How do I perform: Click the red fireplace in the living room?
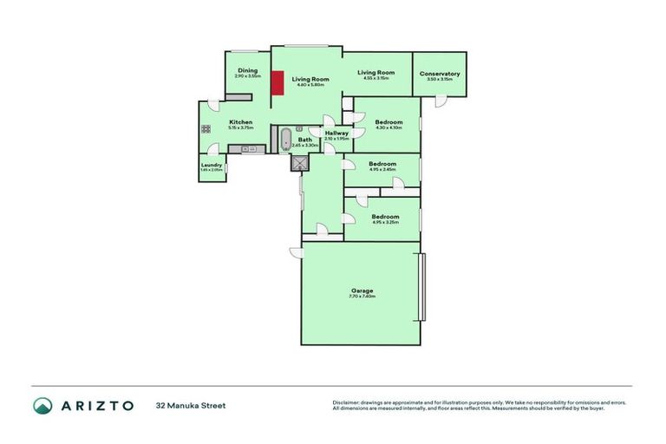point(277,84)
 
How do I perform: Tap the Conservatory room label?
point(440,74)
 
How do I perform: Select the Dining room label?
point(248,71)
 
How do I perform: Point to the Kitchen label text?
point(240,122)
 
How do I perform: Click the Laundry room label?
point(212,165)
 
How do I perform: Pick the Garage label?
point(362,291)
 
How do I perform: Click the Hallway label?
point(336,133)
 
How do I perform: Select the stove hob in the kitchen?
point(206,129)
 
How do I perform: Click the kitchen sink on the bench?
point(247,149)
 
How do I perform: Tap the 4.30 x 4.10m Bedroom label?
point(388,122)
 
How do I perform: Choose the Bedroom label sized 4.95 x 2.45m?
point(382,164)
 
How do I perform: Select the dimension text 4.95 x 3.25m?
point(385,223)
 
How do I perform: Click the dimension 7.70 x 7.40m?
point(362,297)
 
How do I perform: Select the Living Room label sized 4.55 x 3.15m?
point(376,73)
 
